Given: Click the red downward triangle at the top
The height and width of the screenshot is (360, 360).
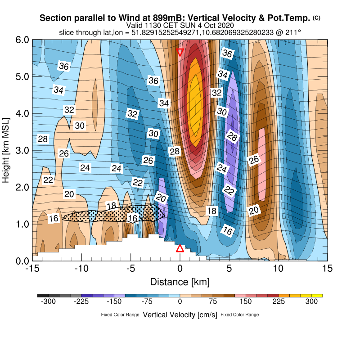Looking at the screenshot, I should pos(180,52).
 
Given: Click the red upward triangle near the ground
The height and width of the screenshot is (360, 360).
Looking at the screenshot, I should pos(180,248).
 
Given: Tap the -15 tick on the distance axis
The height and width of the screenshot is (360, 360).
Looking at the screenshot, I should pos(32,269).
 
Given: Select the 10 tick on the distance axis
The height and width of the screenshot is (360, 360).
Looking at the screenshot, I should pos(279,269).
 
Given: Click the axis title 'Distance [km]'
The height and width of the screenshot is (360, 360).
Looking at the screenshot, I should pos(180,282).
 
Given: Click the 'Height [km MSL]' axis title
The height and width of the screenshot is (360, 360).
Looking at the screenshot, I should pos(6,150).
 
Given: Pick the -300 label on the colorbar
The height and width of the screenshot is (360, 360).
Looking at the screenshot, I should pos(48,302).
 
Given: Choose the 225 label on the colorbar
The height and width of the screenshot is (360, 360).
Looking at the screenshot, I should pos(279,302).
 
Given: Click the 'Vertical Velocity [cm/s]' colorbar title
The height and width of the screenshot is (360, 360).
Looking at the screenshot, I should pos(180,315).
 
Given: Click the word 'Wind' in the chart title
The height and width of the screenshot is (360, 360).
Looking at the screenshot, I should pos(127,18).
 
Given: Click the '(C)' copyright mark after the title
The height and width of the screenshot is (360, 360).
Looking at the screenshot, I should pos(316,18).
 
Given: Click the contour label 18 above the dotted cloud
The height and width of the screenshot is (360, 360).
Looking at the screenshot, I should pos(112,206).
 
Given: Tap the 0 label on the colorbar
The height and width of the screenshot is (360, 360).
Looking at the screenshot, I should pos(180,302).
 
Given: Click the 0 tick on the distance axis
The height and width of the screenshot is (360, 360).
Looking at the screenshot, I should pos(180,269).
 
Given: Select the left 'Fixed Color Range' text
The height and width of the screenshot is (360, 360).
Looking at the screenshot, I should pos(120,315).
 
